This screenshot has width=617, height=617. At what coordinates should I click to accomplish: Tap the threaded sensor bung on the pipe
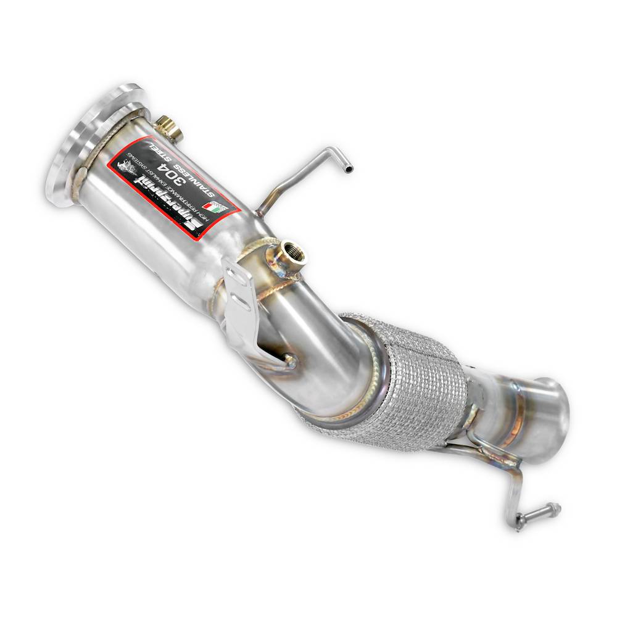[x=288, y=254]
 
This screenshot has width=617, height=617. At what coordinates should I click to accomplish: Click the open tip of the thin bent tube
[x=350, y=167]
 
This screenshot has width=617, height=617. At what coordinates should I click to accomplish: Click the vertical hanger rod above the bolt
[x=513, y=494]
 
